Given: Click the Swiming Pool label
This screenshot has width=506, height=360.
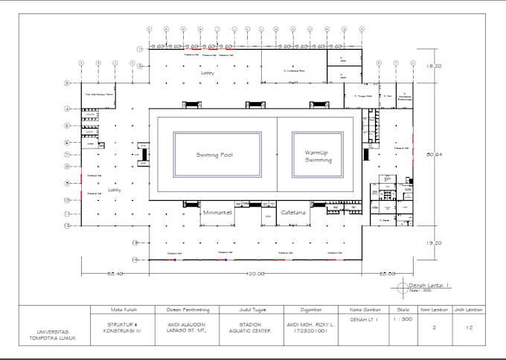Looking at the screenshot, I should coord(217,155).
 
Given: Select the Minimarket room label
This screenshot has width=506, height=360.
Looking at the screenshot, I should coord(218,212).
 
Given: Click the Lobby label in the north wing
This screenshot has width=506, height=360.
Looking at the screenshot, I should coord(208,74).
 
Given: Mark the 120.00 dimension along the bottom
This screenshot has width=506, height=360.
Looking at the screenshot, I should coord(256,274).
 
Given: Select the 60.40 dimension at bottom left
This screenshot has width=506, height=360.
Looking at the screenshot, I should coord(114,274).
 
